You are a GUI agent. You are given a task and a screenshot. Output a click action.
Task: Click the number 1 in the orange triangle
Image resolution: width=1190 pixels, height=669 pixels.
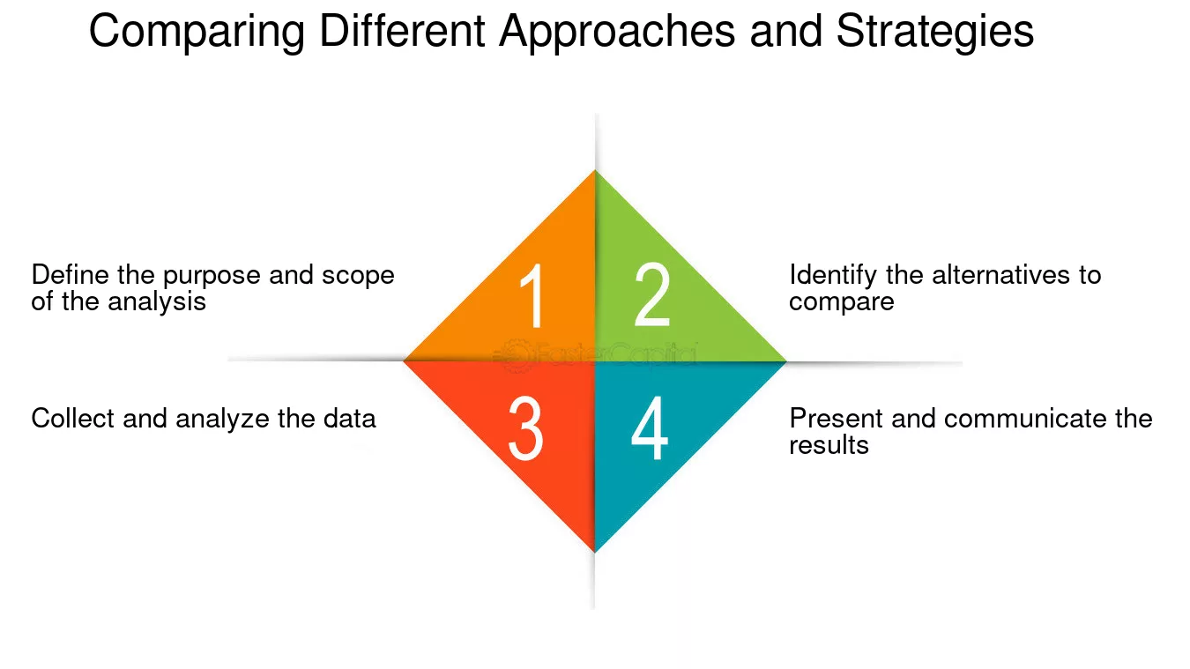coord(532,295)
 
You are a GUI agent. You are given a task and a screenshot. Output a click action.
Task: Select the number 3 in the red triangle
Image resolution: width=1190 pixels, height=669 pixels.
coord(525,428)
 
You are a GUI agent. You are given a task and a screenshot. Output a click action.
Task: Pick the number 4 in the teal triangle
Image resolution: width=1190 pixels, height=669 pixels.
coord(649,427)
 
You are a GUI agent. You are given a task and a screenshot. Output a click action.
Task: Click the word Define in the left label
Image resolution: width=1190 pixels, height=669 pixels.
coord(71,275)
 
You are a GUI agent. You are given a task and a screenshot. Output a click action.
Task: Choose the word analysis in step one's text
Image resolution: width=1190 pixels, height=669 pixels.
coord(157,302)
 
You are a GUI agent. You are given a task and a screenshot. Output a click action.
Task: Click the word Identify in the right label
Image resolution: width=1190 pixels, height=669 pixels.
coord(833,276)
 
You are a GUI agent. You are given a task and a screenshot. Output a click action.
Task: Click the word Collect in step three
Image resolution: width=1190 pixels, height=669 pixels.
coord(73,418)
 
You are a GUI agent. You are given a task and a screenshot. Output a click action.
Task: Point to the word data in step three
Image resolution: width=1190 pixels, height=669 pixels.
coord(350,418)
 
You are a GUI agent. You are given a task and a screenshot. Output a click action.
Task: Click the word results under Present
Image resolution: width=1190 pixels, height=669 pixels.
coord(829,445)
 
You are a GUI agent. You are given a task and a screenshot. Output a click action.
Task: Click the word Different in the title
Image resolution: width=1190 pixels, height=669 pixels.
coord(402,31)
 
